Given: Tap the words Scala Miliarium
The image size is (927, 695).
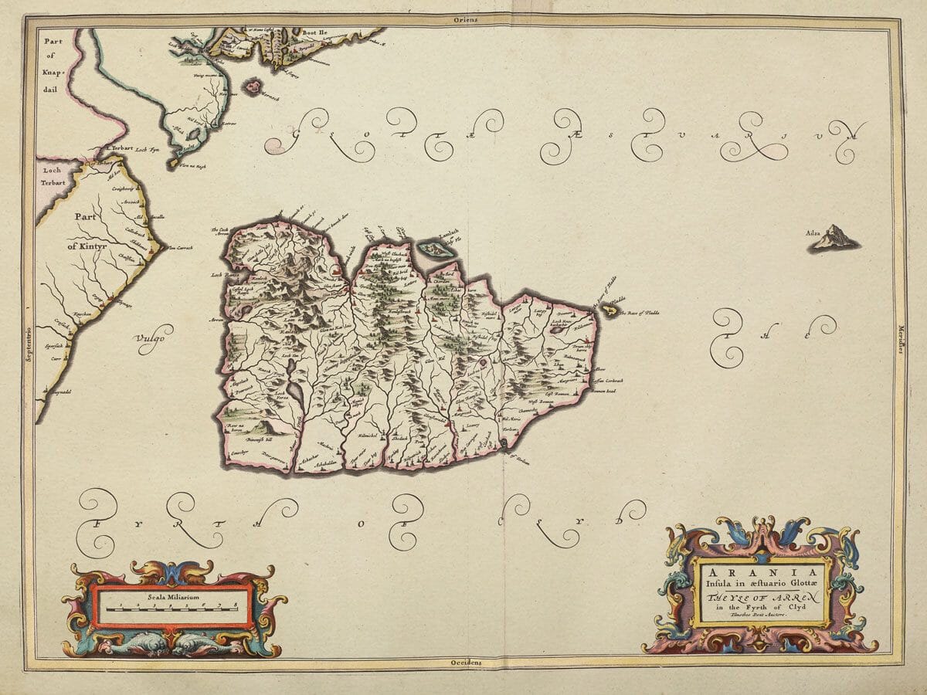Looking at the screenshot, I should click(175, 598).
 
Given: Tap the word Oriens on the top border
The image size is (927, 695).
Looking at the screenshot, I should click(466, 19).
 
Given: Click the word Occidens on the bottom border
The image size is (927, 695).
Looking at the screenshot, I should click(466, 663).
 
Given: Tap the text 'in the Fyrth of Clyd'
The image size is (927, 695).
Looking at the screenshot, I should click(761, 605).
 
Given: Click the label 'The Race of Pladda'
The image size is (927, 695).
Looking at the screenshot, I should click(639, 313).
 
